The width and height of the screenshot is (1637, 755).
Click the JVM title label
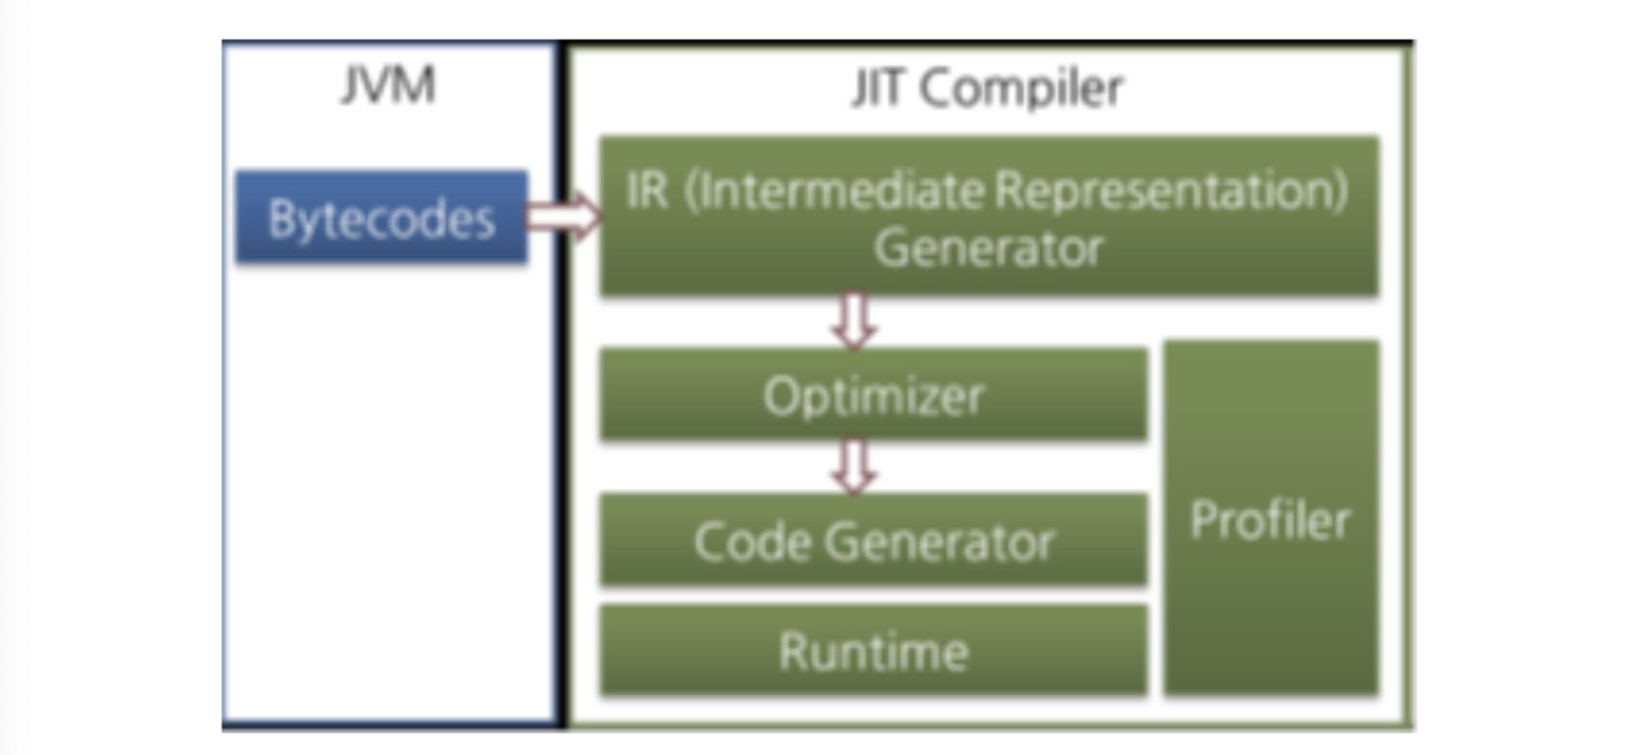pyautogui.click(x=388, y=86)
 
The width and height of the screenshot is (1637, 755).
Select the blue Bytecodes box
pyautogui.click(x=381, y=217)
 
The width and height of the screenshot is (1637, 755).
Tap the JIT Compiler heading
pyautogui.click(x=987, y=88)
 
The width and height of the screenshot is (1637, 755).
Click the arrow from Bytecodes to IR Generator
pyautogui.click(x=563, y=216)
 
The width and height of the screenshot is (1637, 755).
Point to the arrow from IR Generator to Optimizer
pyautogui.click(x=854, y=321)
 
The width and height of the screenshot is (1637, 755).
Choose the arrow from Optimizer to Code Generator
pyautogui.click(x=854, y=466)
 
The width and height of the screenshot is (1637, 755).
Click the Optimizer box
pyautogui.click(x=873, y=395)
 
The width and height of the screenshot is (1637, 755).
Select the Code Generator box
pyautogui.click(x=873, y=540)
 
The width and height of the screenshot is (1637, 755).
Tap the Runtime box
pyautogui.click(x=873, y=652)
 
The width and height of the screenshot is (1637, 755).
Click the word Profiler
pyautogui.click(x=1271, y=520)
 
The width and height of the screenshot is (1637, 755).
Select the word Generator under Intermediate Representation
pyautogui.click(x=989, y=248)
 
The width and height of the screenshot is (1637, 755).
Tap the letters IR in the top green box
pyautogui.click(x=647, y=191)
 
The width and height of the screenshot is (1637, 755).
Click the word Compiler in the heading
pyautogui.click(x=1022, y=88)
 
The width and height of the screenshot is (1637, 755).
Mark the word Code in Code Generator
pyautogui.click(x=752, y=541)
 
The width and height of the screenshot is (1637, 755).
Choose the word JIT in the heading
pyautogui.click(x=877, y=88)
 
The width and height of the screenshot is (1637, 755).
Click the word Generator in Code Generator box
pyautogui.click(x=939, y=541)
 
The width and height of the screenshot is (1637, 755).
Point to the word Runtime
pyautogui.click(x=874, y=652)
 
